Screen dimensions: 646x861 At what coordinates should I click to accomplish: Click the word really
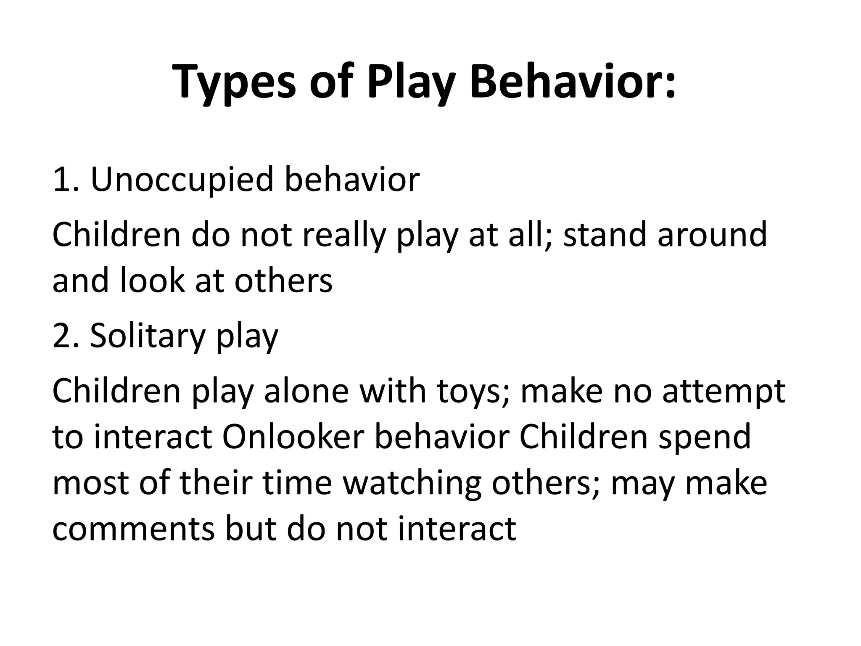click(344, 236)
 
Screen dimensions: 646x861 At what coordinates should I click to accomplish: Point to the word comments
click(133, 529)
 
